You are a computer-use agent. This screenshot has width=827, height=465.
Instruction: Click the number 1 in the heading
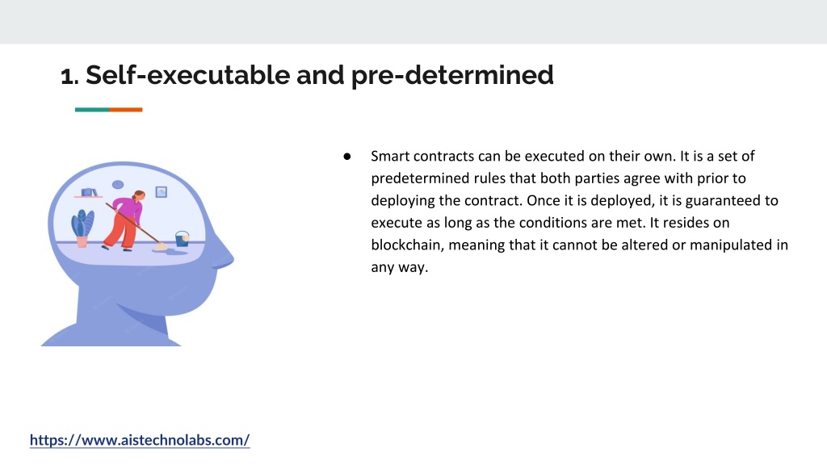pyautogui.click(x=67, y=76)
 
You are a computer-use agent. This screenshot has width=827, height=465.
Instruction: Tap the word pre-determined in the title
pyautogui.click(x=452, y=76)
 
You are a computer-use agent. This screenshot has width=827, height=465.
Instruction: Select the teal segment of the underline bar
pyautogui.click(x=92, y=110)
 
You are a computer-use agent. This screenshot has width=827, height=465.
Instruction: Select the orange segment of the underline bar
pyautogui.click(x=125, y=110)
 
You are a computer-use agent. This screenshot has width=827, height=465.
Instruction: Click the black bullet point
pyautogui.click(x=347, y=156)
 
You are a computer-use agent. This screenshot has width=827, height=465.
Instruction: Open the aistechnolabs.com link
pyautogui.click(x=140, y=440)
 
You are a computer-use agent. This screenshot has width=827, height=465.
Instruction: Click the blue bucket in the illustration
pyautogui.click(x=182, y=239)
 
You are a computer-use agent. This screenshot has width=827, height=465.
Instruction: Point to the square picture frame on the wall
pyautogui.click(x=162, y=192)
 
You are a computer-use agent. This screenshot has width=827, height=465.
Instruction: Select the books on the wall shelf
pyautogui.click(x=89, y=192)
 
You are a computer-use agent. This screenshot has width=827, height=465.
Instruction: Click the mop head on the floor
pyautogui.click(x=160, y=246)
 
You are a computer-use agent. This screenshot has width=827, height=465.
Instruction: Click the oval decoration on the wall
pyautogui.click(x=118, y=185)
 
